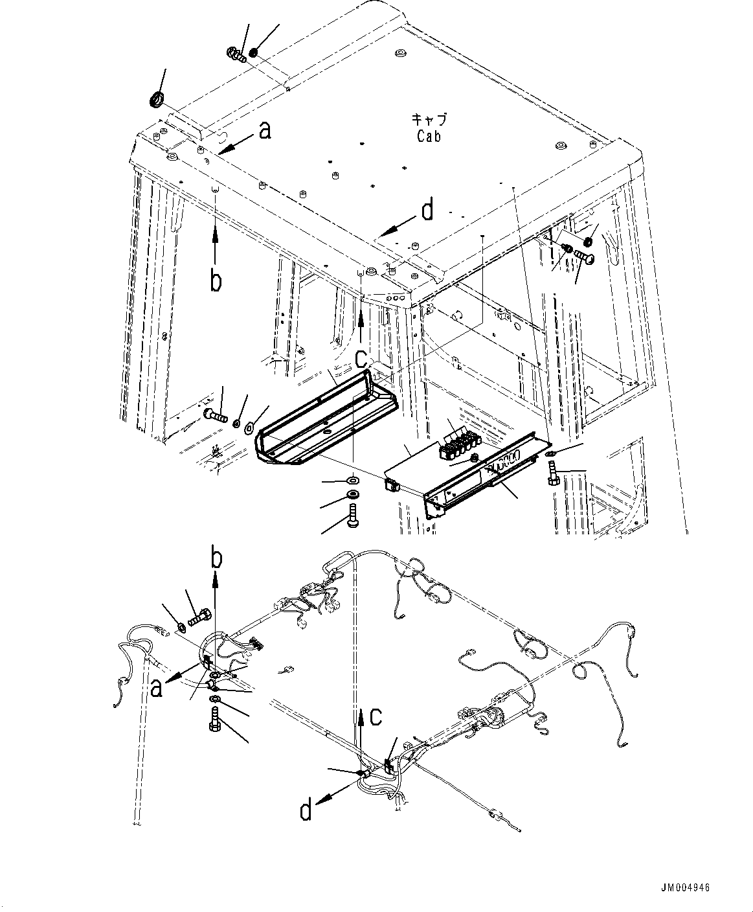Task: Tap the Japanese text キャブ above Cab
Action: coord(429,120)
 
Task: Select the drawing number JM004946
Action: coord(685,887)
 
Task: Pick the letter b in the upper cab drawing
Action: coord(216,281)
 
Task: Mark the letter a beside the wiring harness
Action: coord(155,689)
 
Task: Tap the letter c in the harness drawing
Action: coord(376,717)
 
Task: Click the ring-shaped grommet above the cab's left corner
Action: coord(157,100)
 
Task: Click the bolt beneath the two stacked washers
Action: coord(353,518)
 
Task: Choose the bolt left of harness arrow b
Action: coord(197,617)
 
